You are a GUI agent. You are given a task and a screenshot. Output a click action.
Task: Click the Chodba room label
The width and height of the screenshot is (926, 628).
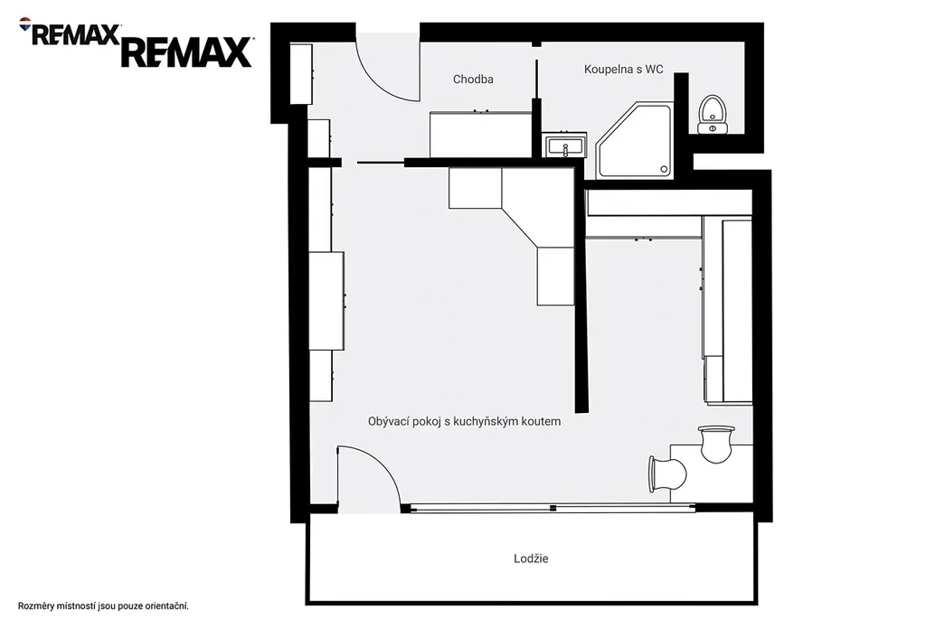(473, 80)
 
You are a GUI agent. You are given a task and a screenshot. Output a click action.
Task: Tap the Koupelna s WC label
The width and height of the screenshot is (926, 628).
(624, 69)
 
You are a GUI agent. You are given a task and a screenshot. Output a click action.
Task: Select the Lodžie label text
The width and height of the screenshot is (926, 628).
(531, 558)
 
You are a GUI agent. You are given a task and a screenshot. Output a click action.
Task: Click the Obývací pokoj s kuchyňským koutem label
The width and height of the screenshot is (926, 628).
(464, 421)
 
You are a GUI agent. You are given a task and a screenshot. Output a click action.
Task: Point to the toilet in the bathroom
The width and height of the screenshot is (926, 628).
(712, 115)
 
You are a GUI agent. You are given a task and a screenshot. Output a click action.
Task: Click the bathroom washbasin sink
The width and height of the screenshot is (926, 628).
(565, 145)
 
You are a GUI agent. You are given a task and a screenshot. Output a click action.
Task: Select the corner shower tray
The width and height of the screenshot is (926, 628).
(634, 140)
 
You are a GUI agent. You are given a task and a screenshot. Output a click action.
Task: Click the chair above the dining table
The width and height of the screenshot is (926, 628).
(716, 444)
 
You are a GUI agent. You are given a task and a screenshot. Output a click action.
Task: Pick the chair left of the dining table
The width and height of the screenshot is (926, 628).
(667, 473)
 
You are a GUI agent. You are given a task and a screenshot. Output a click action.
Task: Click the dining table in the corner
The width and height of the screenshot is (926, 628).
(712, 474)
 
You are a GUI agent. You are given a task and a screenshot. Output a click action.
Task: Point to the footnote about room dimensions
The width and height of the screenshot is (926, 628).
(103, 606)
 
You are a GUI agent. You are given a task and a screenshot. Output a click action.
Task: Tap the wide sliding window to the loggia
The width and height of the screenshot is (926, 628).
(553, 508)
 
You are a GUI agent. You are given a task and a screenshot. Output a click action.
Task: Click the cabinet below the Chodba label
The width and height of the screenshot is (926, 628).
(481, 135)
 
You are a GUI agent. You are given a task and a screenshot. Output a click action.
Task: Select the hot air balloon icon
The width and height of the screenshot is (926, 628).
(25, 24)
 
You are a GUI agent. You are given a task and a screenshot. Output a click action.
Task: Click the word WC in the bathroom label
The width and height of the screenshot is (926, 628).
(655, 69)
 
